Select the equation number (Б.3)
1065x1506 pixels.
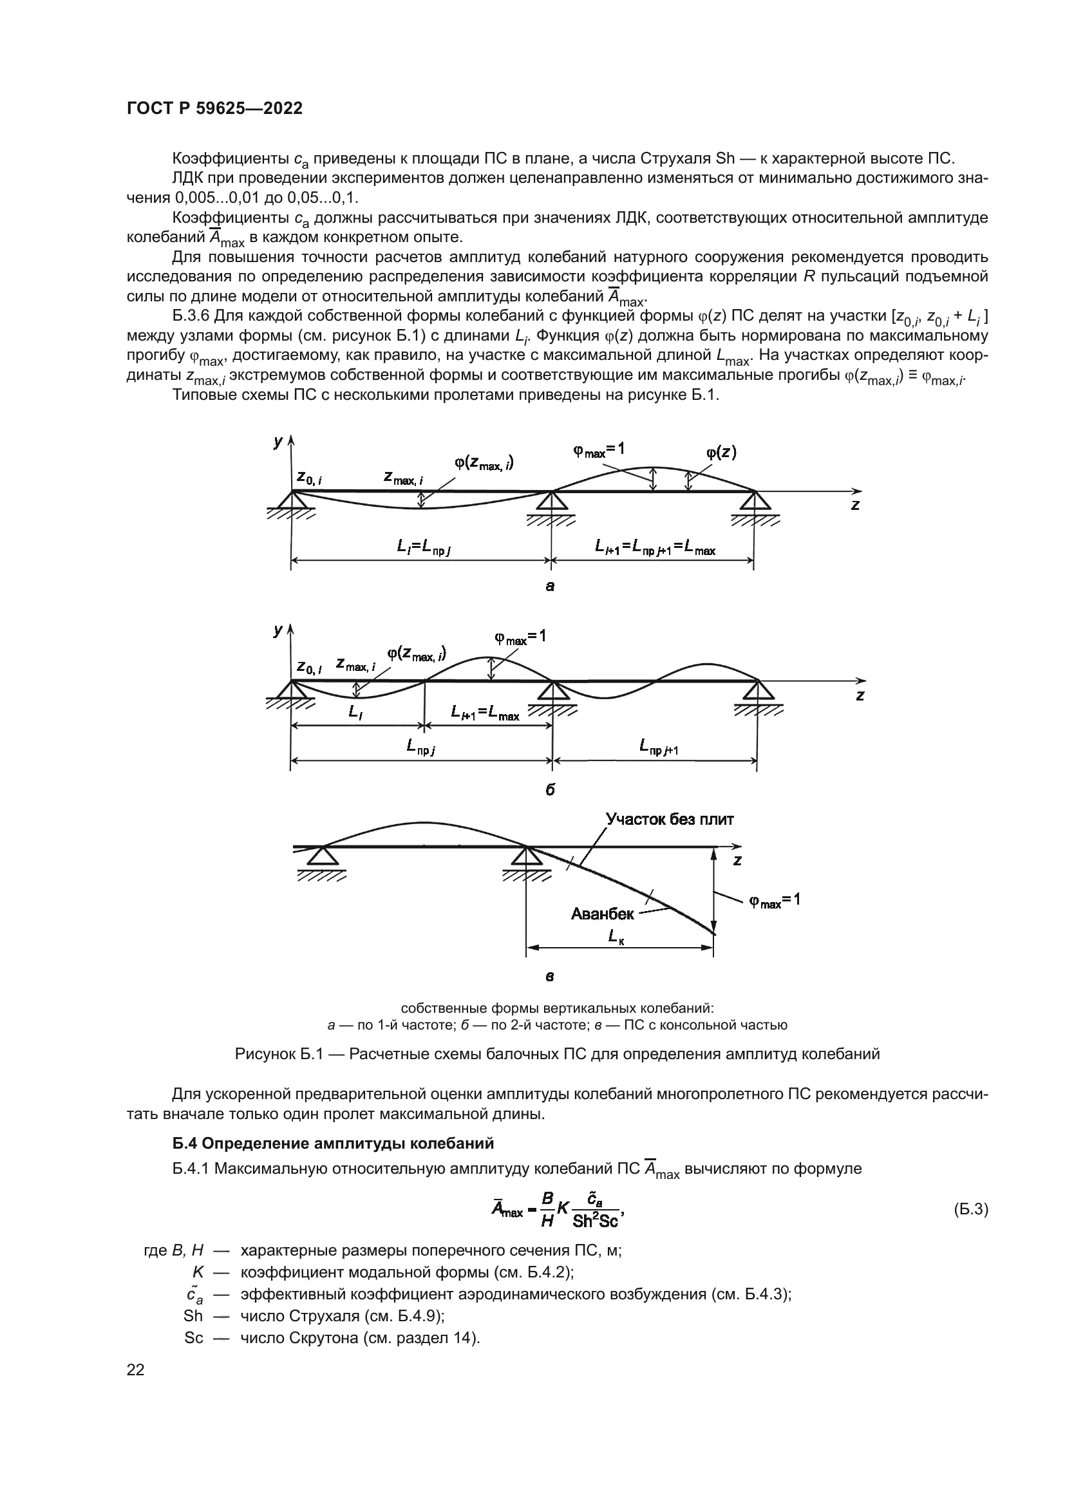coord(970,1210)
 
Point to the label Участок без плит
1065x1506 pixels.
coord(670,819)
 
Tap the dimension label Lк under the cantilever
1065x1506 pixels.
coord(616,937)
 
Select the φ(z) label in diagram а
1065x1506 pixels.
coord(721,452)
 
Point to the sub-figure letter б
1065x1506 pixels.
coord(549,791)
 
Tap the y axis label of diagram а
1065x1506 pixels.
coord(278,442)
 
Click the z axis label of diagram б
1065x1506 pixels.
coord(860,695)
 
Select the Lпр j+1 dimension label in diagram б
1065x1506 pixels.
coord(659,746)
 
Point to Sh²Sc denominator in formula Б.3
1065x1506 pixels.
coord(596,1220)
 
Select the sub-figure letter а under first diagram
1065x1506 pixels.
coord(549,587)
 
